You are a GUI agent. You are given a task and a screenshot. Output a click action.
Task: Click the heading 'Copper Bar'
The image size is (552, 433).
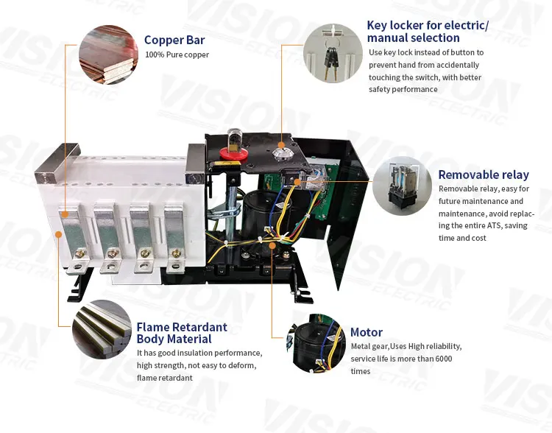tap(174, 41)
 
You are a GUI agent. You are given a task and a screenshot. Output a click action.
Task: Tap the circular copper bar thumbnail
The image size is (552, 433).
tap(107, 53)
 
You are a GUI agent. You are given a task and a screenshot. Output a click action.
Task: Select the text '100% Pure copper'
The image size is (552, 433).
tap(177, 55)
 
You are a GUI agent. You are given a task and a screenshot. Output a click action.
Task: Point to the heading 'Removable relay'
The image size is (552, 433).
tap(484, 175)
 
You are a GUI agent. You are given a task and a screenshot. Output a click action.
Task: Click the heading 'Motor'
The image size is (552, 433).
tap(367, 332)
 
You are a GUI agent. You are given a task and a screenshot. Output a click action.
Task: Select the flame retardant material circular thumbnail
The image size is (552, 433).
tap(101, 329)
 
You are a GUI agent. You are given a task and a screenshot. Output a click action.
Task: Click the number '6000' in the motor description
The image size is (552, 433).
tap(441, 359)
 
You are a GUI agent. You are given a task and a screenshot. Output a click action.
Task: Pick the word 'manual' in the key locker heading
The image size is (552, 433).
tap(387, 38)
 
